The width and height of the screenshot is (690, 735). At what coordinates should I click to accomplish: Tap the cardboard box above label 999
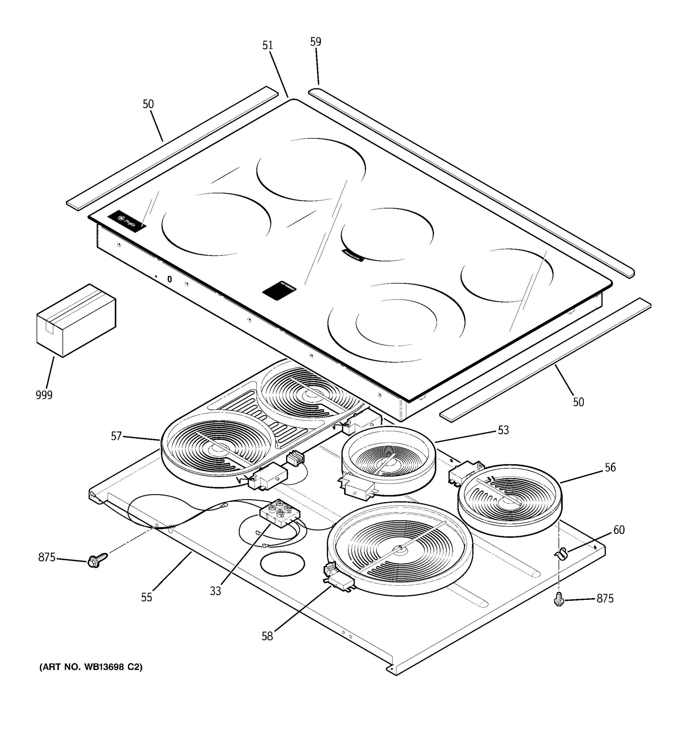(x=76, y=321)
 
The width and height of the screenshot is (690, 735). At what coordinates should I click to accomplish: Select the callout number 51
(x=267, y=45)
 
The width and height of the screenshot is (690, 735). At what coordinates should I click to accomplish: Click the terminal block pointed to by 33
(x=279, y=512)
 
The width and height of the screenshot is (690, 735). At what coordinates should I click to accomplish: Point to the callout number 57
(x=116, y=436)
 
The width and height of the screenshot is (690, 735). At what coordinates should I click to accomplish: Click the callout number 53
(x=503, y=430)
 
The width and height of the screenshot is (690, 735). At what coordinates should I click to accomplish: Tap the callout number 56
(x=610, y=467)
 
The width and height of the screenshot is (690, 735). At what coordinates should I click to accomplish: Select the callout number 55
(x=146, y=597)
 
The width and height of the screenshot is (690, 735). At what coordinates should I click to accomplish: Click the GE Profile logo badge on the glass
(x=127, y=221)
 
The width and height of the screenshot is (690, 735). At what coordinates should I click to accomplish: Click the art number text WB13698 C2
(x=91, y=667)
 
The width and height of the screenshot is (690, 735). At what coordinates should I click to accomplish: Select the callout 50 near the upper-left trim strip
(x=148, y=104)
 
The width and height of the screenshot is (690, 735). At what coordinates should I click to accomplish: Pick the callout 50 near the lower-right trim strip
(x=578, y=402)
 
